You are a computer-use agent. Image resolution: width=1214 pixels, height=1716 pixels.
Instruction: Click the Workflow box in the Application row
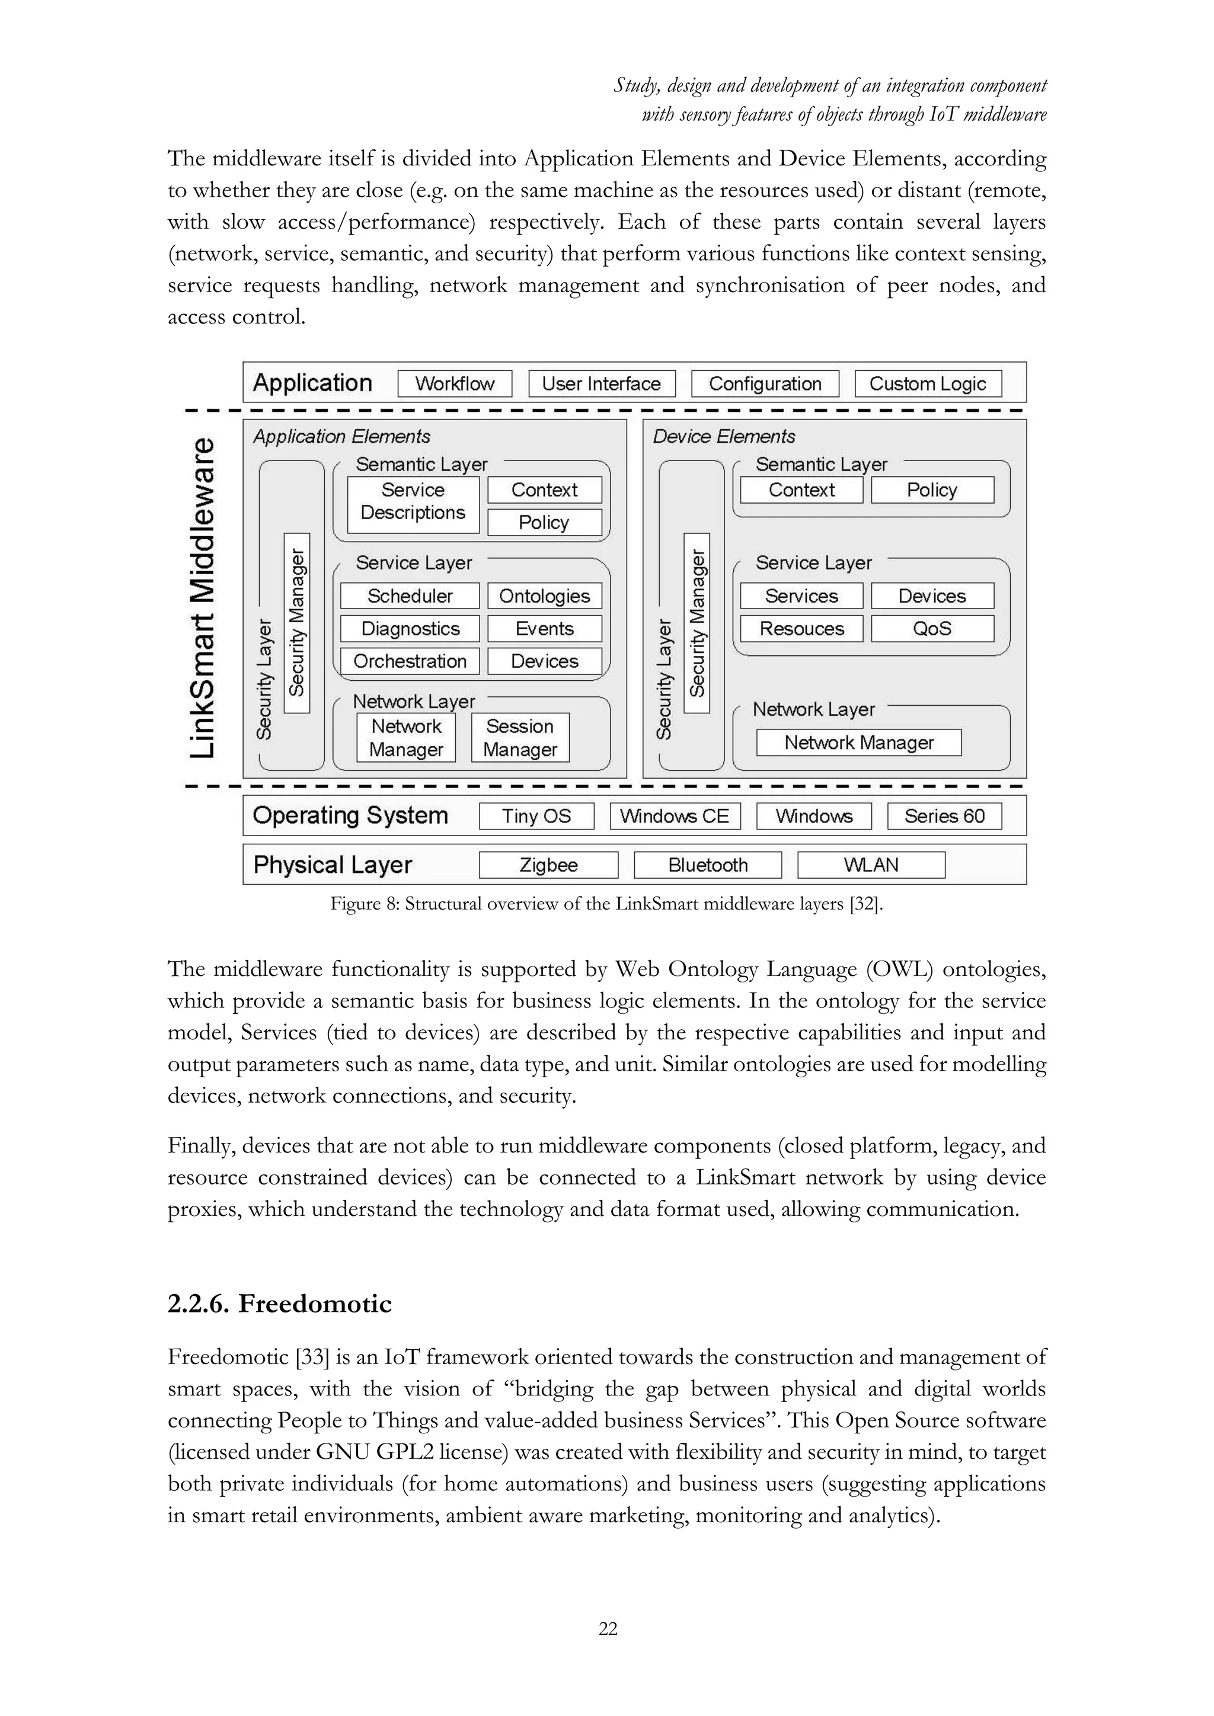tap(455, 383)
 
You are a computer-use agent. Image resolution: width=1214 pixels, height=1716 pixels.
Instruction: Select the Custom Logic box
tap(927, 383)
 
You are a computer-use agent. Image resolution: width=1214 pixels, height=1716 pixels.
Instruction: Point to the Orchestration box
tap(410, 661)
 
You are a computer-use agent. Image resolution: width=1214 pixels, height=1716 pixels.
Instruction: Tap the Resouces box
tap(801, 629)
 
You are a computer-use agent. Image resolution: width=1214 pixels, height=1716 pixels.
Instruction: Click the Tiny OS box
tap(536, 816)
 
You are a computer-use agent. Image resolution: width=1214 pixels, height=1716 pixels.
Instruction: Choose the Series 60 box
tap(944, 816)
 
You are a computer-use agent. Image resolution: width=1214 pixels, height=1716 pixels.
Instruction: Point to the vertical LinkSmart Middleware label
tap(203, 597)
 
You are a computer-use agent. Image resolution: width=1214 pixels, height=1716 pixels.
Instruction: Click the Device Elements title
tap(724, 437)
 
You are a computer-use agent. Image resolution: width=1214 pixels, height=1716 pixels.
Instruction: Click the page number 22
tap(608, 1628)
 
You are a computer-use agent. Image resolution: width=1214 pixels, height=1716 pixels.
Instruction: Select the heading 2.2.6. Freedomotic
tap(280, 1304)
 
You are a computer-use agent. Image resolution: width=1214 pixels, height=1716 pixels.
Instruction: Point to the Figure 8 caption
tap(606, 904)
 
